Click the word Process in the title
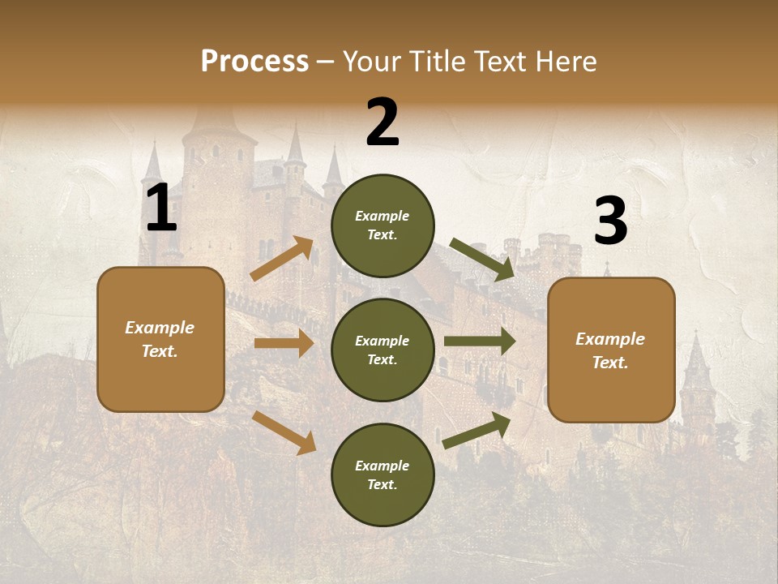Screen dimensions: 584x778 [x=254, y=61]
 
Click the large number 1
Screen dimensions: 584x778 [x=161, y=209]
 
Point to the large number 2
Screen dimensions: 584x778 [x=383, y=122]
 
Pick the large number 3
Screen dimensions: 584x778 [x=610, y=221]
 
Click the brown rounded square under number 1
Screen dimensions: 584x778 [x=160, y=339]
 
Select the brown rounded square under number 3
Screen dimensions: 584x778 [x=611, y=350]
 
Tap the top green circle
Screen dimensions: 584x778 [x=383, y=225]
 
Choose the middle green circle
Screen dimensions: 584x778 [x=383, y=350]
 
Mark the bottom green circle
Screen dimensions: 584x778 [x=383, y=474]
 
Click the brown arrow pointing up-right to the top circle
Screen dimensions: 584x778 [x=282, y=259]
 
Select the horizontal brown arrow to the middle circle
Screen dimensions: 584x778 [x=284, y=343]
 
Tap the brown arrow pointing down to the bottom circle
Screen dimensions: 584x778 [x=284, y=432]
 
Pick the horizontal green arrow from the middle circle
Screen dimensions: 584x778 [x=479, y=341]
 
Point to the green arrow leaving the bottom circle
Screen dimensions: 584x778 [x=477, y=431]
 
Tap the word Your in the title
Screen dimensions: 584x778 [x=371, y=61]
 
